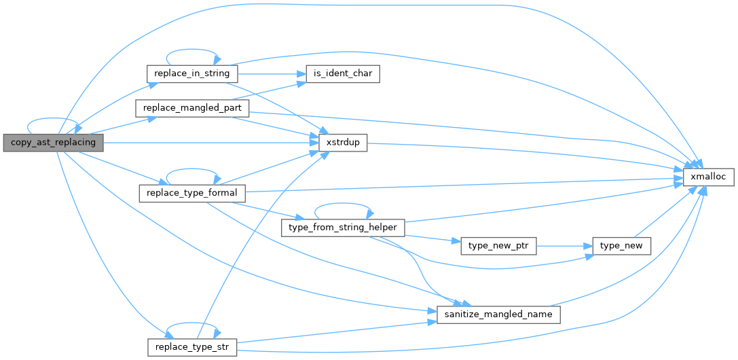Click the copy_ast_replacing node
coord(53,143)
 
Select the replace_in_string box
coord(192,73)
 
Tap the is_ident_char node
coord(343,73)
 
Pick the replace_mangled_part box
coord(192,108)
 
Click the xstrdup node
coord(343,143)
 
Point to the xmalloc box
coord(708,176)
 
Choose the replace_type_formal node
coord(192,193)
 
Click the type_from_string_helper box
coord(343,227)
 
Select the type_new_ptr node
coord(498,246)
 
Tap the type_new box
coord(622,246)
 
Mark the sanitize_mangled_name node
coord(498,314)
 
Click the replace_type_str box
coord(192,347)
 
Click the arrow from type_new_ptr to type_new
coord(564,246)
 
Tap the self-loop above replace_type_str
coord(192,328)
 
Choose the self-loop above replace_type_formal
coord(192,174)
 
